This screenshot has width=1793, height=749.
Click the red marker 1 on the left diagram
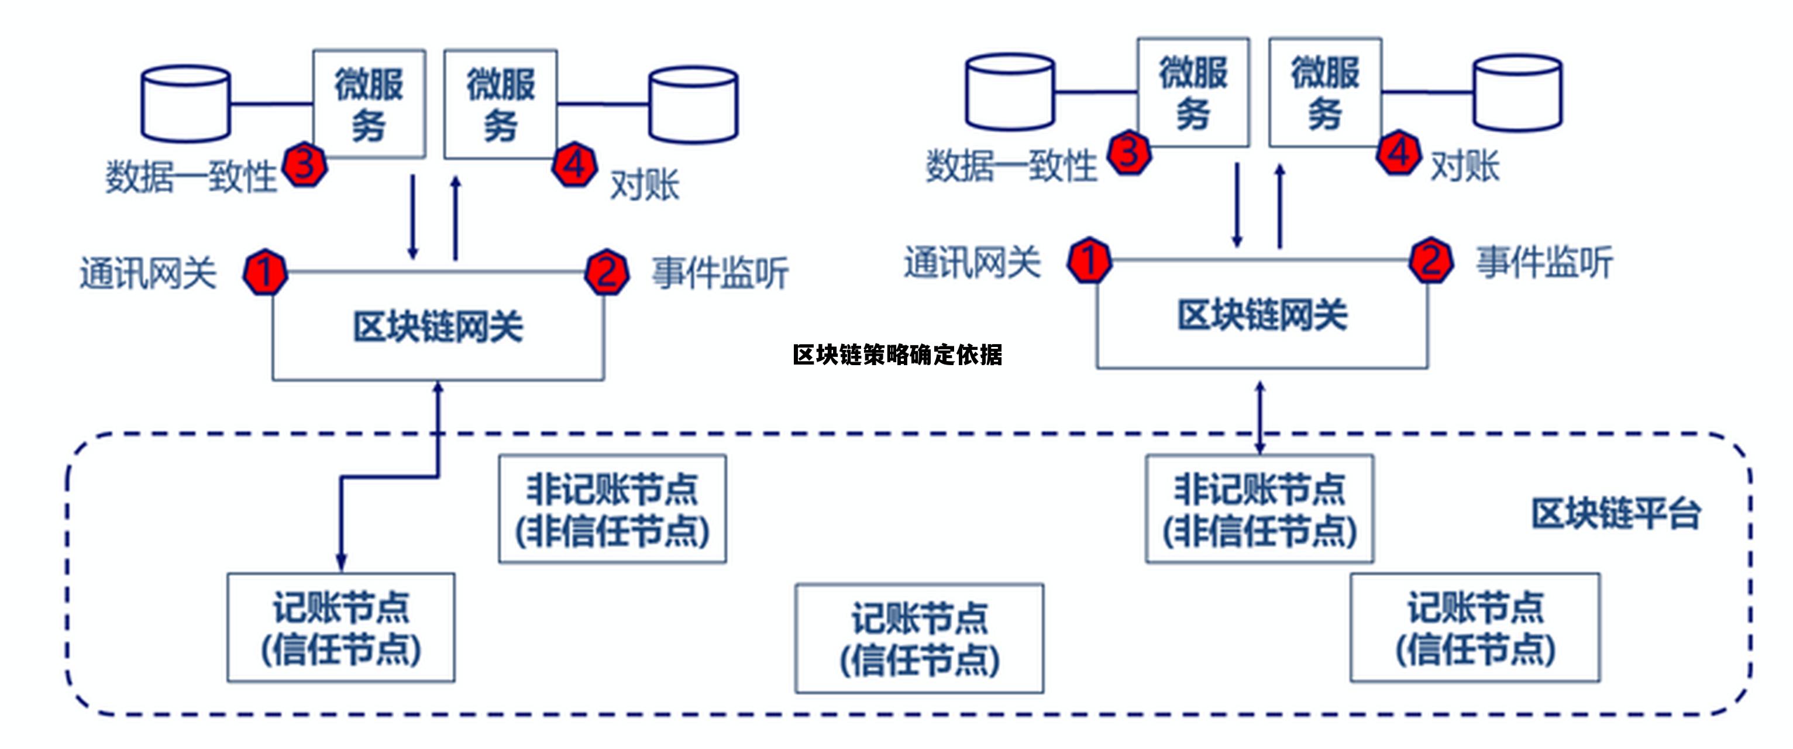(265, 272)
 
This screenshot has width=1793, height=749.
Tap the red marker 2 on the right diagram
(1430, 260)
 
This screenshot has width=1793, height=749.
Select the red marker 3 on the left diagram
(305, 164)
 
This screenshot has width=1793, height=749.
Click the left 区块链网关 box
(438, 327)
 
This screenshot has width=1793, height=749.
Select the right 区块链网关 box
(1262, 315)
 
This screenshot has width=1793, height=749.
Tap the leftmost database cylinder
(186, 104)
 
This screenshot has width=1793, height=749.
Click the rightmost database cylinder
(1518, 92)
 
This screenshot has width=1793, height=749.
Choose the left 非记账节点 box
(612, 509)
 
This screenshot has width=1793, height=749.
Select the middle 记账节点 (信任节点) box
(919, 638)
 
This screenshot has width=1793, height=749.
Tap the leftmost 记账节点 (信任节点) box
(341, 627)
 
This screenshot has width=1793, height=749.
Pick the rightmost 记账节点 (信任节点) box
(1475, 627)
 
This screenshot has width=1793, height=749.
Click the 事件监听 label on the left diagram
(720, 272)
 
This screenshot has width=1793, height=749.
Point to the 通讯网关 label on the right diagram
(972, 262)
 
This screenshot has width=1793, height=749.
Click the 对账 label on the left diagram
(645, 185)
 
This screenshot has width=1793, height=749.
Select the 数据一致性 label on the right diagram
(1011, 166)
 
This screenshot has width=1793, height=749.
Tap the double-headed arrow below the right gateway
(1260, 418)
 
